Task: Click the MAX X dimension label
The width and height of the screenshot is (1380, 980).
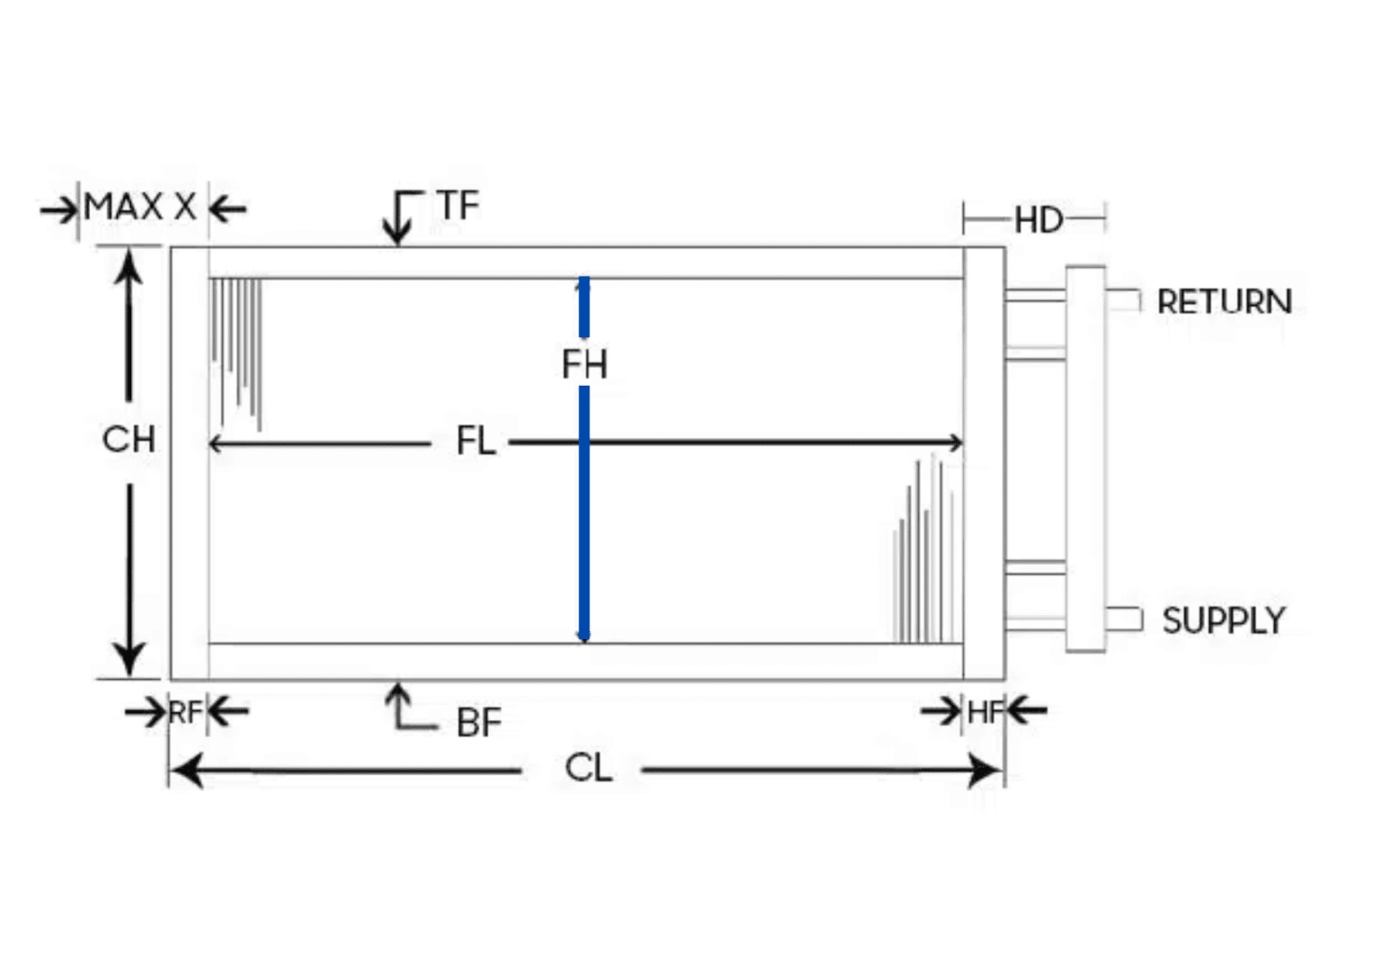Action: point(140,207)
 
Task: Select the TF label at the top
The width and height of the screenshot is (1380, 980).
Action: point(457,205)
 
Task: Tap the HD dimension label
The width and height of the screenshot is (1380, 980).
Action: point(1039,220)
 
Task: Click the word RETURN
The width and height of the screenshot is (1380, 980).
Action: point(1225,302)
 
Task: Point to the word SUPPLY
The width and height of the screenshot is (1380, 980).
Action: point(1224,620)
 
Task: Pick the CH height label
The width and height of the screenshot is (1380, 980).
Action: point(128,440)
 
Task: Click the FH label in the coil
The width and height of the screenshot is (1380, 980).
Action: point(585,363)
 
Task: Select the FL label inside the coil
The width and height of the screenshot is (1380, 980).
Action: point(475,441)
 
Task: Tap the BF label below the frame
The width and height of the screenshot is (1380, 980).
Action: point(479,722)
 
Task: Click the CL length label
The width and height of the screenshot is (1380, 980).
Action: point(588,769)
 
